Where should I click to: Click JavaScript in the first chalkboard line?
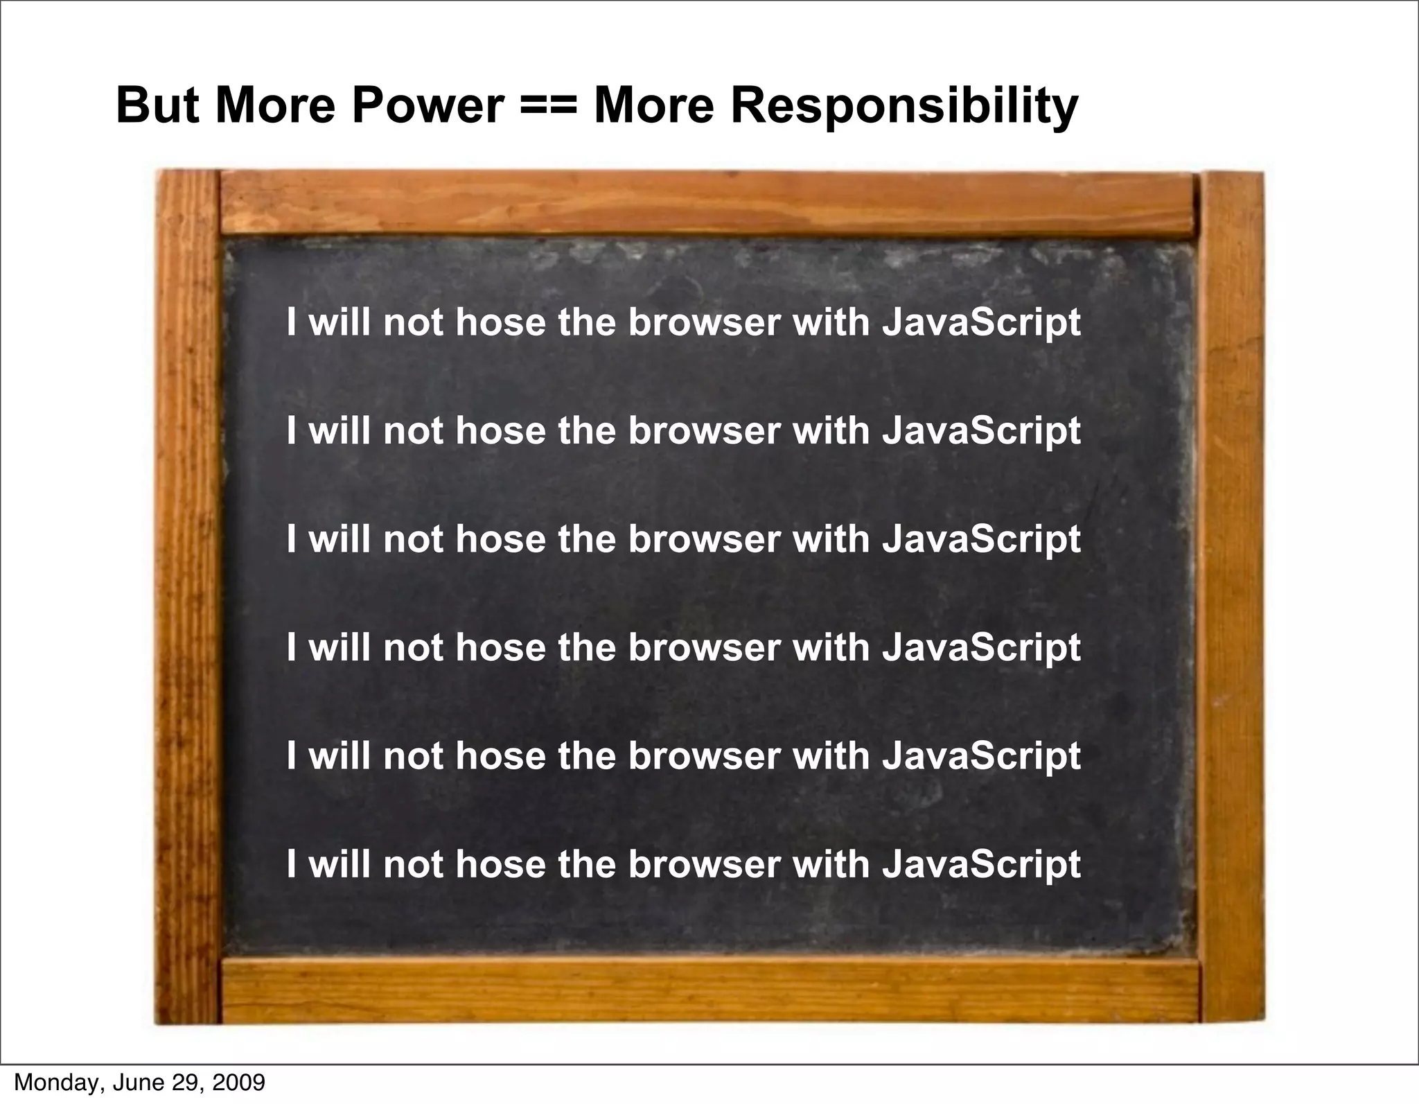tap(981, 324)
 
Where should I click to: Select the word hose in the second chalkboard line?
tap(500, 430)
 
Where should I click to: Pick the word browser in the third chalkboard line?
tap(703, 538)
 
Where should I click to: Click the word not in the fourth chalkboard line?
tap(413, 647)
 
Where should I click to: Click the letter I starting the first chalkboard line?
tap(292, 322)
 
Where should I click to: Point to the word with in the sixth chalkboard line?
tap(831, 864)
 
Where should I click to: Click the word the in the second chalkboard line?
tap(587, 430)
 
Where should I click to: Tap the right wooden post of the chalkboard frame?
tap(1233, 596)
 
